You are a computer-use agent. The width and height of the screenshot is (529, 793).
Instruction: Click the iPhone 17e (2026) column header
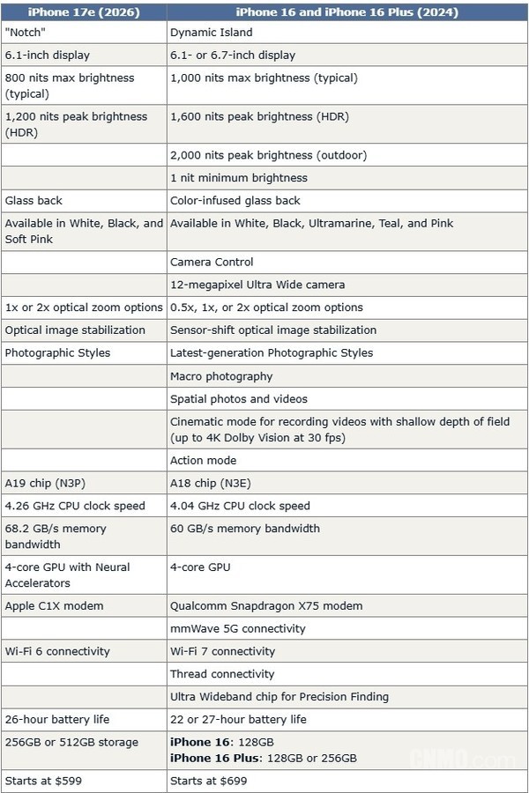coord(84,11)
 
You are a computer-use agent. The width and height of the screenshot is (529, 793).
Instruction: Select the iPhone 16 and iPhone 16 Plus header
coord(346,11)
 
